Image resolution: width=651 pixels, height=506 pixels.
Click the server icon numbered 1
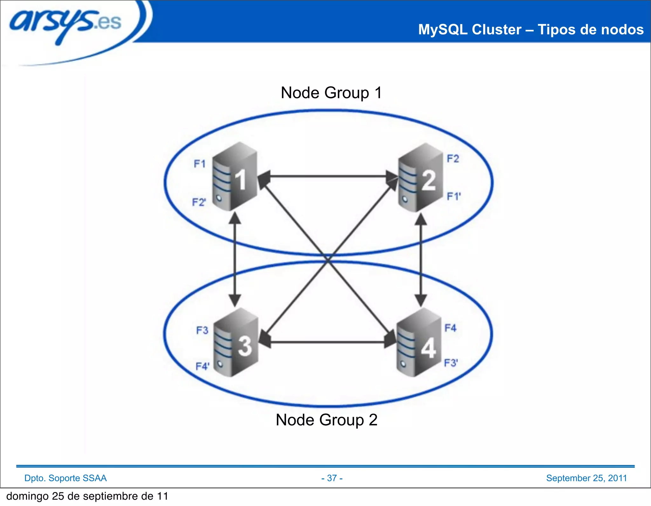pyautogui.click(x=235, y=177)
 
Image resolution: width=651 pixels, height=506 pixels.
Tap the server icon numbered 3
pyautogui.click(x=236, y=342)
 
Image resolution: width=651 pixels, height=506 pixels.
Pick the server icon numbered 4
pyautogui.click(x=419, y=343)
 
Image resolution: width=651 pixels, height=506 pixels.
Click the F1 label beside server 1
pyautogui.click(x=200, y=164)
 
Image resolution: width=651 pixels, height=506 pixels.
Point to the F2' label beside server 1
pyautogui.click(x=199, y=202)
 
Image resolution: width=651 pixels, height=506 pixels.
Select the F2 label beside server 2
pyautogui.click(x=453, y=159)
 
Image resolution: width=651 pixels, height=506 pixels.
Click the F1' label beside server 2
pyautogui.click(x=453, y=196)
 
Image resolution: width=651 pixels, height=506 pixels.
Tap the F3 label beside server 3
pyautogui.click(x=202, y=330)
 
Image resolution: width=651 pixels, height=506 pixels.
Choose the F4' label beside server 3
pyautogui.click(x=202, y=366)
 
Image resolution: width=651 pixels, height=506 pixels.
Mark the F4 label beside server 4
pyautogui.click(x=450, y=328)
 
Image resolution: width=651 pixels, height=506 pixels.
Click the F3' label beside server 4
pyautogui.click(x=451, y=362)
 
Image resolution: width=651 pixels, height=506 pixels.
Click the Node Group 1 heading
pyautogui.click(x=331, y=93)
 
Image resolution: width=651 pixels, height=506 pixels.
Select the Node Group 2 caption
pyautogui.click(x=326, y=420)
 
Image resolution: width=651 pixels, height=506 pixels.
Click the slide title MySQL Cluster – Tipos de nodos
pyautogui.click(x=531, y=30)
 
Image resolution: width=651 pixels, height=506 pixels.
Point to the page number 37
pyautogui.click(x=332, y=478)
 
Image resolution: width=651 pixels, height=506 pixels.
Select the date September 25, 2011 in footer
pyautogui.click(x=586, y=478)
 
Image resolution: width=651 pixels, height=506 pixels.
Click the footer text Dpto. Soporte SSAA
pyautogui.click(x=65, y=478)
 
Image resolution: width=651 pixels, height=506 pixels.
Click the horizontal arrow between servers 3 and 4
pyautogui.click(x=327, y=342)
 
